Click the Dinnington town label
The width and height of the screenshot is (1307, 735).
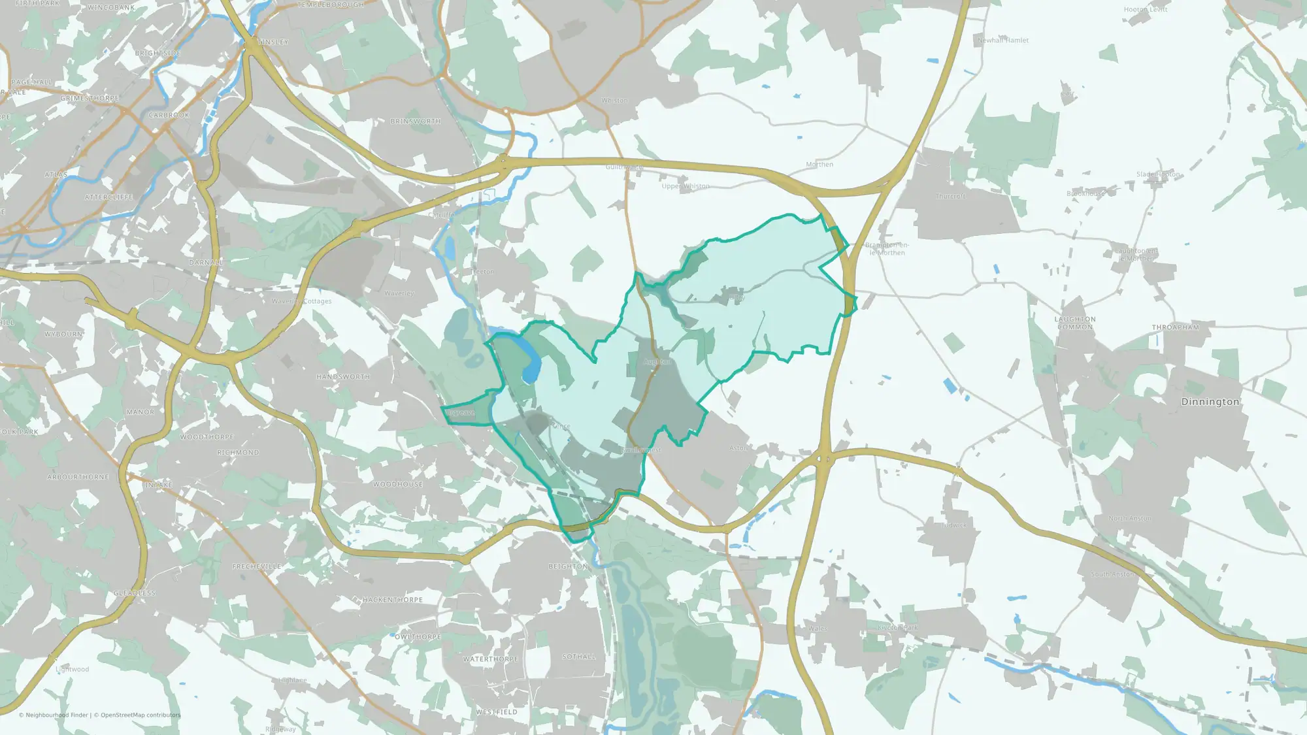pyautogui.click(x=1210, y=402)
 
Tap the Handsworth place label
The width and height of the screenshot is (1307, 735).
pyautogui.click(x=343, y=377)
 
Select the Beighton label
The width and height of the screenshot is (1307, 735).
pyautogui.click(x=568, y=566)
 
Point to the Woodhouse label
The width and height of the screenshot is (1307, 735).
pyautogui.click(x=398, y=484)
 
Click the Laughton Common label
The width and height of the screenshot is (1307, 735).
pyautogui.click(x=1075, y=323)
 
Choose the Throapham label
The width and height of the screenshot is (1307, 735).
pyautogui.click(x=1175, y=327)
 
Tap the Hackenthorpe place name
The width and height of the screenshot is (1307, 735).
pyautogui.click(x=393, y=600)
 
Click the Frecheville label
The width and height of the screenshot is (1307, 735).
pyautogui.click(x=257, y=566)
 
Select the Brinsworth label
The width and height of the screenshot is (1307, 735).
pyautogui.click(x=415, y=122)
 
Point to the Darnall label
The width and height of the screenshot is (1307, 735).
pyautogui.click(x=205, y=263)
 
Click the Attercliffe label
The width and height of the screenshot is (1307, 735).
pyautogui.click(x=108, y=197)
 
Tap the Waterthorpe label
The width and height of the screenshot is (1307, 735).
pyautogui.click(x=490, y=659)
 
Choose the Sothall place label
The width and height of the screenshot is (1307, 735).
pyautogui.click(x=579, y=657)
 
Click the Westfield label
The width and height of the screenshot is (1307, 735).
pyautogui.click(x=497, y=712)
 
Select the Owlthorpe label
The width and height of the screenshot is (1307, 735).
pyautogui.click(x=418, y=637)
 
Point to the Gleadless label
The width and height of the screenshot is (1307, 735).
pyautogui.click(x=135, y=593)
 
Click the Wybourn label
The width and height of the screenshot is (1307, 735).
pyautogui.click(x=63, y=335)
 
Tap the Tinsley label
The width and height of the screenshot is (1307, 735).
pyautogui.click(x=273, y=42)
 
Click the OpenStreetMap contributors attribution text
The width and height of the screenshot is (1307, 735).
pyautogui.click(x=137, y=715)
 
